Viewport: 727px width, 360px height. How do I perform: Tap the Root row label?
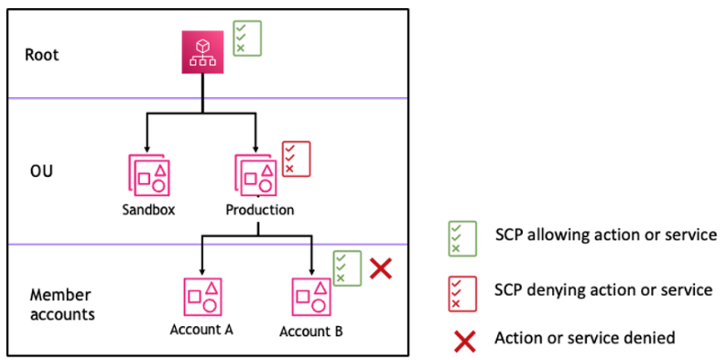pos(42,54)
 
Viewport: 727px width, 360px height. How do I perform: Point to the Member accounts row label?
pos(60,304)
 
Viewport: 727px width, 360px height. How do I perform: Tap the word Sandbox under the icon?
pos(149,210)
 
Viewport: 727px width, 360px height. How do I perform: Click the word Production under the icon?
pos(260,210)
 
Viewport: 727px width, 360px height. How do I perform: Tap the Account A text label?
pos(201,330)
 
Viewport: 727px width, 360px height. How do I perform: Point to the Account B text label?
pos(311,331)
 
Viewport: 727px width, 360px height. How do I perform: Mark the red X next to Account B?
pos(382,268)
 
